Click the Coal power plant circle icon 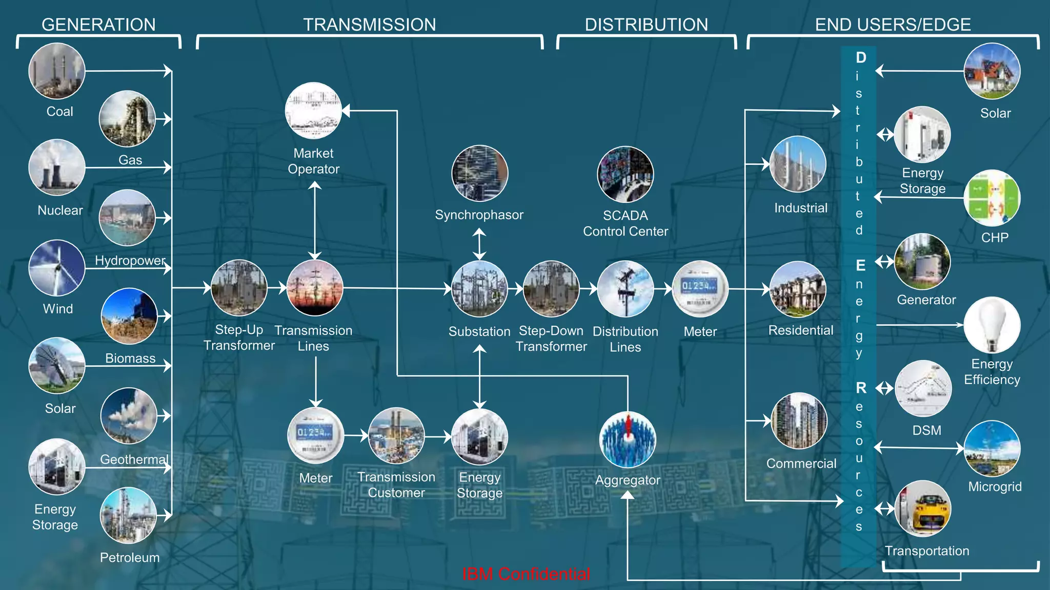click(56, 71)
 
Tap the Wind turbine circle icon click(56, 268)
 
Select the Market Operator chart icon click(313, 111)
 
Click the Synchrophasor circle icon click(479, 173)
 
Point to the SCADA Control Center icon click(625, 174)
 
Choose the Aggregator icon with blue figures click(628, 439)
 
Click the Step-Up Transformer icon click(239, 288)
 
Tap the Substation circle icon click(479, 289)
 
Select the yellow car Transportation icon click(923, 509)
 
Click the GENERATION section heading click(98, 25)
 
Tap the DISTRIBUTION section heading click(647, 25)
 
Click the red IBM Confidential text click(526, 574)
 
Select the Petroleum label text click(130, 558)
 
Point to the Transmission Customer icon click(396, 436)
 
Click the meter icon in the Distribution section click(700, 289)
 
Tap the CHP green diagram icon click(992, 198)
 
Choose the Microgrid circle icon click(992, 449)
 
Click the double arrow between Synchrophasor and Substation click(479, 244)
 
